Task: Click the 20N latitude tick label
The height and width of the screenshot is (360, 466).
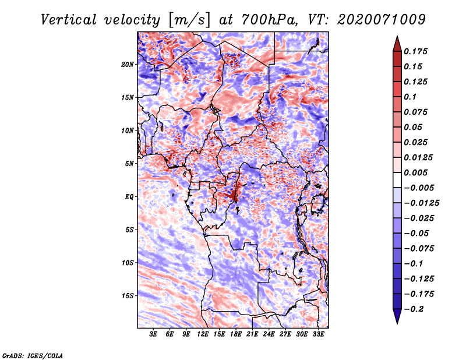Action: tap(127, 65)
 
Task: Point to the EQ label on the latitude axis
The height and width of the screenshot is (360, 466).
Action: tap(129, 197)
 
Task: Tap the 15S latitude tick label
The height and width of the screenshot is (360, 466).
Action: tap(128, 296)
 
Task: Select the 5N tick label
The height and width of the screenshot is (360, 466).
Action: tap(129, 164)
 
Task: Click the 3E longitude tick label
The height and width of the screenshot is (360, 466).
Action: tap(153, 334)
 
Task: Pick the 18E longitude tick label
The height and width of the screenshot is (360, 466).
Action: tap(236, 334)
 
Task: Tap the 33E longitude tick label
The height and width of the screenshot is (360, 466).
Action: tap(318, 334)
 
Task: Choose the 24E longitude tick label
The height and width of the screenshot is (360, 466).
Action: tap(269, 334)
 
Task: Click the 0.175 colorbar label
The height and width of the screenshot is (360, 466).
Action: tap(415, 51)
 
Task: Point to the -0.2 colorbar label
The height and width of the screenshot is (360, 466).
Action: tap(414, 309)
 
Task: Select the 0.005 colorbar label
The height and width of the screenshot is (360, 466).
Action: tap(415, 172)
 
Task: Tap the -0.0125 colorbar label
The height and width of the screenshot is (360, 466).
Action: tap(421, 203)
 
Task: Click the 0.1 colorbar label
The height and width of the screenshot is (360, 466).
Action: tap(410, 97)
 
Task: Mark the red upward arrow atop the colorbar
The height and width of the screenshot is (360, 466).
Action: tap(397, 44)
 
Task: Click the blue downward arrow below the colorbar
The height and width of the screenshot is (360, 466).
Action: tap(397, 316)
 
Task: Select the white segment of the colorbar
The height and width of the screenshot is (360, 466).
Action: tap(397, 180)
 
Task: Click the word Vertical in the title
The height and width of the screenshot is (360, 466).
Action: tap(69, 20)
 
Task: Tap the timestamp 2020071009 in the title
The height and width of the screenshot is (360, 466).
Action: tap(382, 20)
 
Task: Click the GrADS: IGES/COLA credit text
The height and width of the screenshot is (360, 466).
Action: tap(33, 356)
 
